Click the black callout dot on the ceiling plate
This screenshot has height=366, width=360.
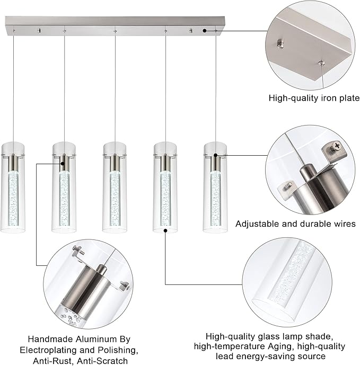205,32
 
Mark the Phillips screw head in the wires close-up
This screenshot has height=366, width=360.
336,146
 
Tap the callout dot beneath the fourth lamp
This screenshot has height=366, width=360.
165,231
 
